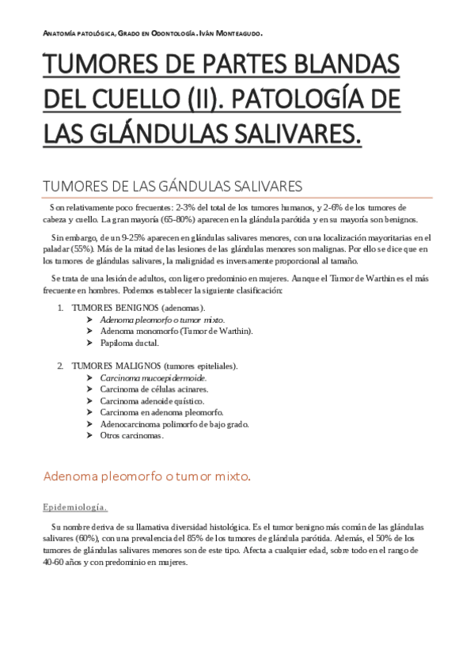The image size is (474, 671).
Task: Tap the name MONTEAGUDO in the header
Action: [x=234, y=33]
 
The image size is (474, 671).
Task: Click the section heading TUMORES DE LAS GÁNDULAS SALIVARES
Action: [x=172, y=187]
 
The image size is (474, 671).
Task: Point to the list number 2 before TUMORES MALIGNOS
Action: [x=59, y=366]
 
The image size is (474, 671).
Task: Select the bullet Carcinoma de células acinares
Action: [x=154, y=389]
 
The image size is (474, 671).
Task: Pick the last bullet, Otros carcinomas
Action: [x=131, y=436]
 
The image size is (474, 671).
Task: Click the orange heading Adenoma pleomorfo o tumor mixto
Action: [x=146, y=476]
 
